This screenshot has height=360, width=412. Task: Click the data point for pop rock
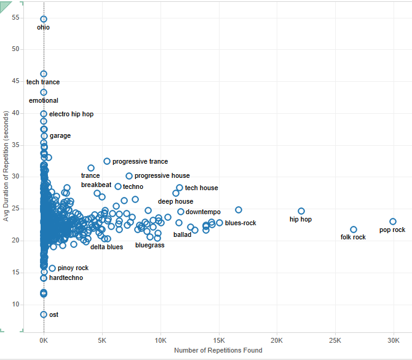[x=393, y=222]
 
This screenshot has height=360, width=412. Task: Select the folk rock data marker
[x=354, y=230]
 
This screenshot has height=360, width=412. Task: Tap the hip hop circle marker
[x=301, y=211]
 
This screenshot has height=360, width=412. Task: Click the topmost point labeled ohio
[x=44, y=19]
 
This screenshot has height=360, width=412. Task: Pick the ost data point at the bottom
[x=44, y=314]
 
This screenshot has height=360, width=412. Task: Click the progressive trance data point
[x=107, y=161]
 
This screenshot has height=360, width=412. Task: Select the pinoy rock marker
[x=52, y=268]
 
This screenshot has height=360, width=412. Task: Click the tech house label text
[x=201, y=188]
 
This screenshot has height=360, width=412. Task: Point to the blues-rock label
[x=240, y=223]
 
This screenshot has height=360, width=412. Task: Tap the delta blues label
[x=106, y=247]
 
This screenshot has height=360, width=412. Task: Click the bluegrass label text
[x=149, y=245]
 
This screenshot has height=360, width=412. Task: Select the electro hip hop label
[x=71, y=114]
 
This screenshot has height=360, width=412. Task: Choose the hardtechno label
[x=66, y=278]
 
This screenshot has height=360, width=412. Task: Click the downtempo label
[x=203, y=212]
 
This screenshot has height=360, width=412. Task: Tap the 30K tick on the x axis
[x=394, y=339]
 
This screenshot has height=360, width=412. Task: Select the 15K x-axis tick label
[x=219, y=339]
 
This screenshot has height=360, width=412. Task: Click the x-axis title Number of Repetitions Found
[x=218, y=350]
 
